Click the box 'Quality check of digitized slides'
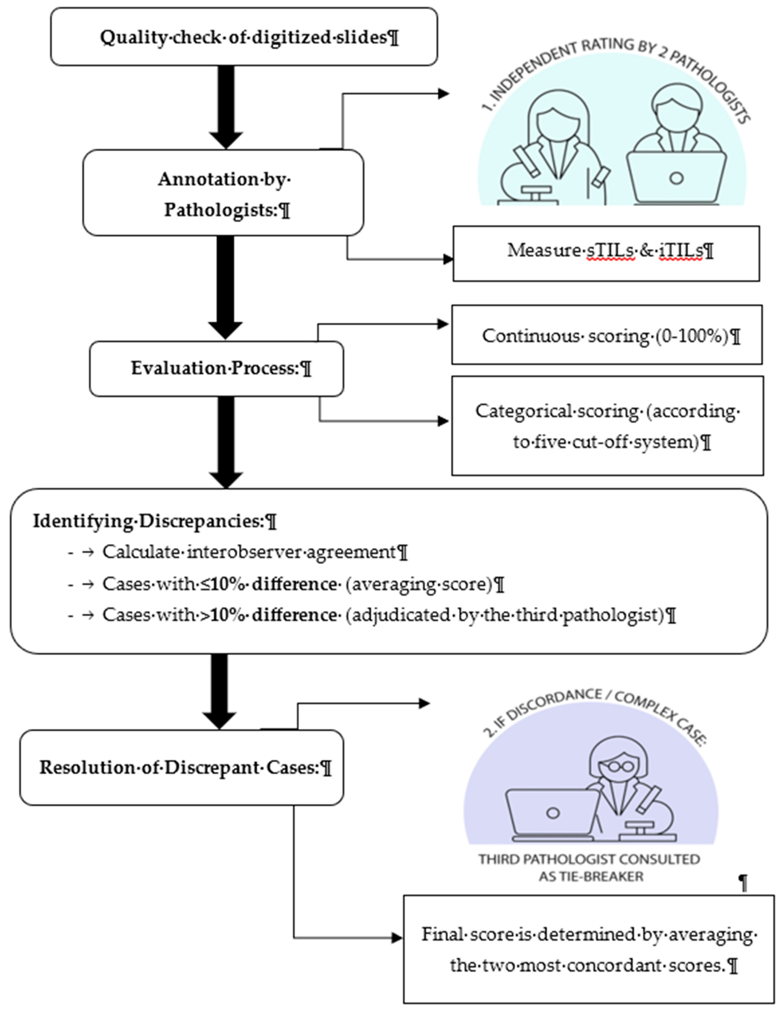pos(244,37)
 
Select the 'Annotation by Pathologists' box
pos(223,193)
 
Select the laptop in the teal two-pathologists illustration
pos(676,177)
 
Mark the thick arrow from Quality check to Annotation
pos(226,106)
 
